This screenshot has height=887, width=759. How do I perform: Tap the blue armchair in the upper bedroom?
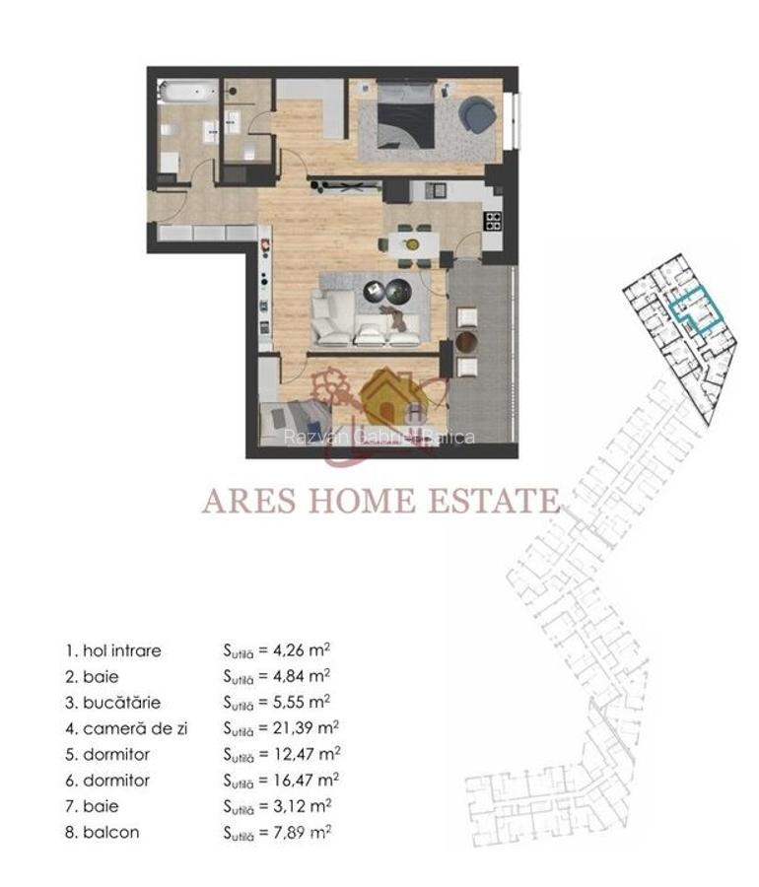[479, 113]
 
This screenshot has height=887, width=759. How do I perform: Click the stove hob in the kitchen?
[492, 221]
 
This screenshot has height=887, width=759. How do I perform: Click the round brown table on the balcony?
[467, 341]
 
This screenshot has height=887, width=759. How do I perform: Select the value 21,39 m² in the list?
[307, 728]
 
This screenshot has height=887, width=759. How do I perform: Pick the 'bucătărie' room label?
[121, 703]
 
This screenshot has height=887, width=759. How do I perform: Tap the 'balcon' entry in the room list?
[111, 832]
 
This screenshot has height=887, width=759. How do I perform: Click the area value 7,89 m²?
[303, 832]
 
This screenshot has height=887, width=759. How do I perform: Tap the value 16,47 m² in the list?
[307, 780]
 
